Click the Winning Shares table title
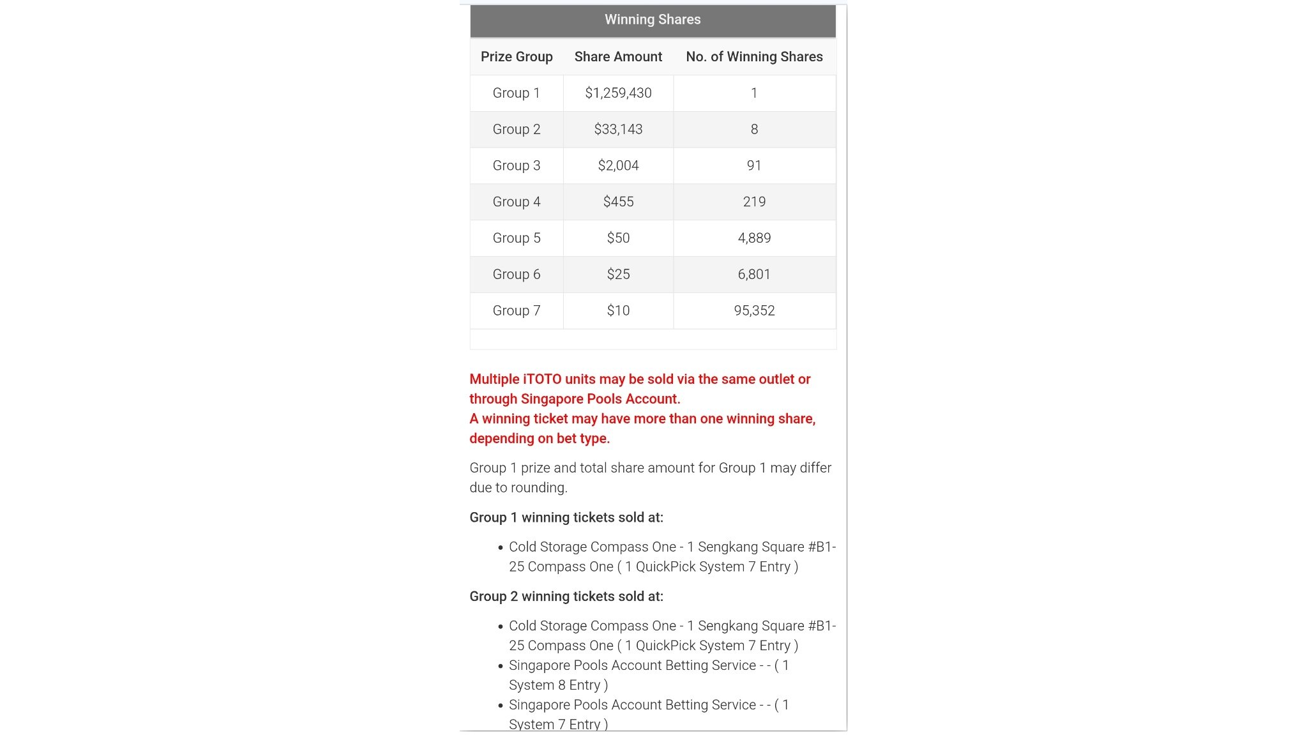click(653, 20)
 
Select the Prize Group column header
click(517, 57)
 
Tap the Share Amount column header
click(618, 57)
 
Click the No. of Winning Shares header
click(754, 57)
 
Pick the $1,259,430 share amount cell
click(618, 93)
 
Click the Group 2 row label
click(517, 130)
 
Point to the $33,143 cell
click(618, 130)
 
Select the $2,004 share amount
click(618, 166)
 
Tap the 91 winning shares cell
click(754, 166)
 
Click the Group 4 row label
click(517, 202)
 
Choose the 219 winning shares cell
click(754, 202)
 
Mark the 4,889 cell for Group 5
click(754, 238)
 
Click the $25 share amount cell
click(618, 275)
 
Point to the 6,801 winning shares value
click(754, 275)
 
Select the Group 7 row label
click(517, 311)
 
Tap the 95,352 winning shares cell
click(754, 311)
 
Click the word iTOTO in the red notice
click(542, 379)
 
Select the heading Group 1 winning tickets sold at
click(566, 518)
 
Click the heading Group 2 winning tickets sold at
click(566, 596)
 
